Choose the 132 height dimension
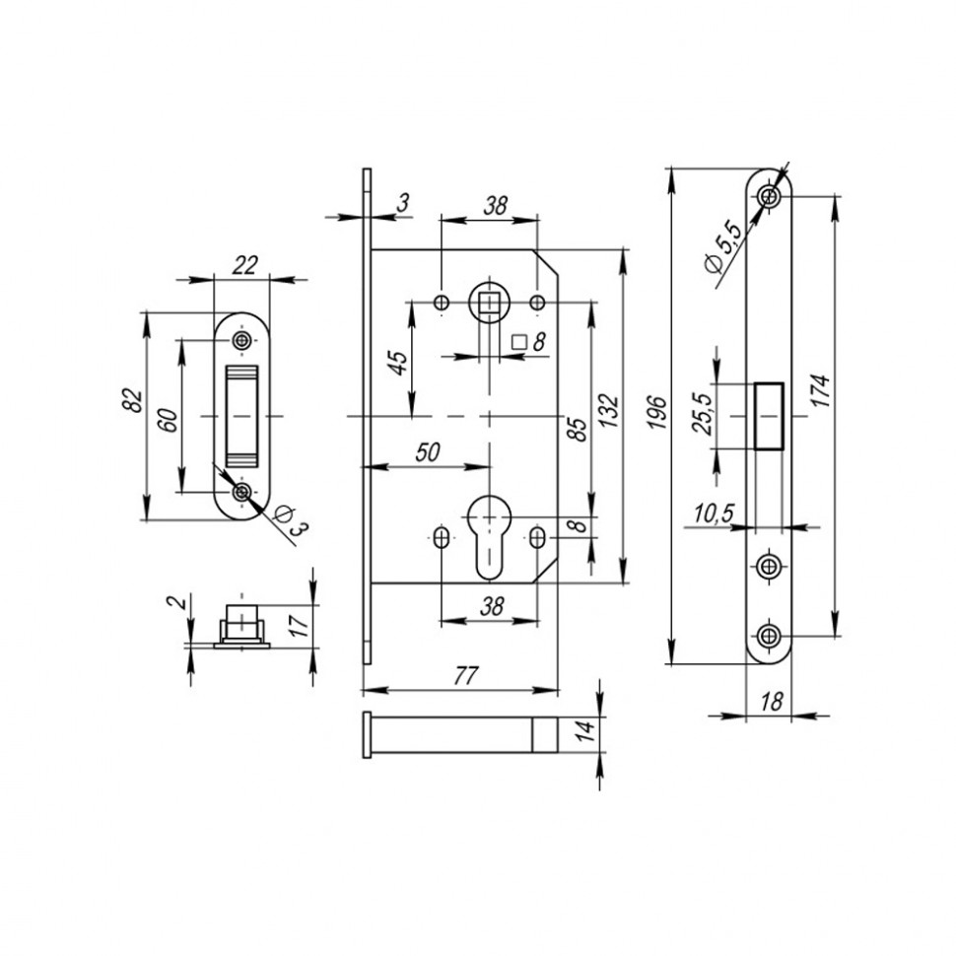click(609, 416)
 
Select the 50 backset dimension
click(426, 452)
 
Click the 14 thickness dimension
click(585, 731)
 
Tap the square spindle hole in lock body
click(487, 300)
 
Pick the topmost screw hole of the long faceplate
click(770, 198)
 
